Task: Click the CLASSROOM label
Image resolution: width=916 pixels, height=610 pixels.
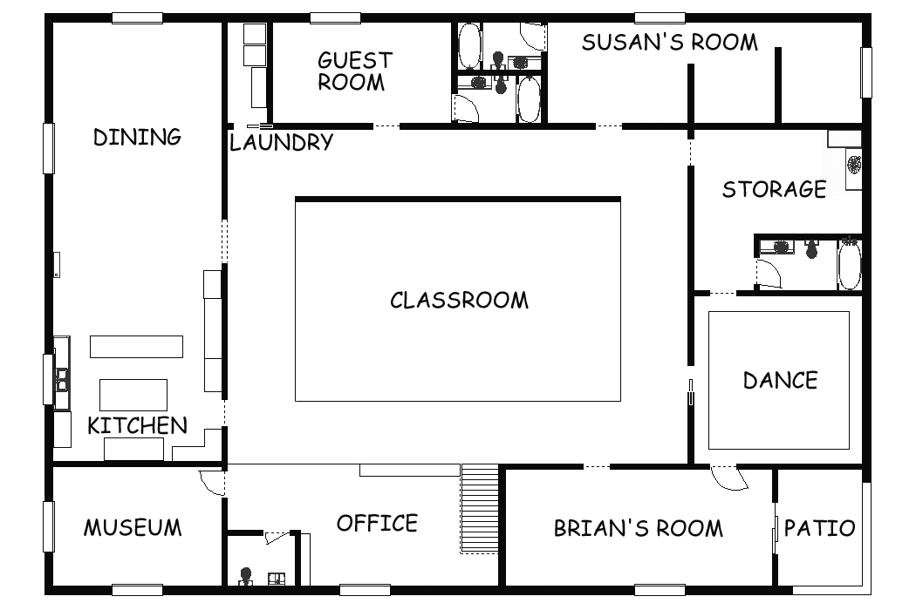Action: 459,300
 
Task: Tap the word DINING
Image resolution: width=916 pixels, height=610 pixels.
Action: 137,137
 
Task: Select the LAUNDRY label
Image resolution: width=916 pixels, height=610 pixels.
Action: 281,142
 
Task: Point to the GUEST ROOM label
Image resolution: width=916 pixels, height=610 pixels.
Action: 354,71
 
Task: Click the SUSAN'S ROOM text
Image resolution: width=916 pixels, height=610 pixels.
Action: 669,42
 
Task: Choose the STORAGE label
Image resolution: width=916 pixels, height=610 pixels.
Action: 774,189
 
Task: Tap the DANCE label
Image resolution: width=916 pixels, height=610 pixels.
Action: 781,380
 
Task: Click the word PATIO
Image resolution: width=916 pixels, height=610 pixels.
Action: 820,528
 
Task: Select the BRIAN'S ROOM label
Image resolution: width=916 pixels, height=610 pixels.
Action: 638,528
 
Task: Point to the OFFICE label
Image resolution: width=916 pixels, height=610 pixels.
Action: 377,523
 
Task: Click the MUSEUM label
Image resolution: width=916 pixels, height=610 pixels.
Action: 133,528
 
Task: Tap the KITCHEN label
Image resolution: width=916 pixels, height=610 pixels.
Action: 137,425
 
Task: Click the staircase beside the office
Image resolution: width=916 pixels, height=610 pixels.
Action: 480,508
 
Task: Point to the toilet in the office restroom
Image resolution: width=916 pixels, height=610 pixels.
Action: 246,576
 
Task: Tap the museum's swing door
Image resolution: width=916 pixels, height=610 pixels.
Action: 212,482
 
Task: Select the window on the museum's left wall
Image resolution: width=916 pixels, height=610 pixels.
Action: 49,526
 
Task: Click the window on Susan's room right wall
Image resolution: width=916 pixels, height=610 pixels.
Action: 866,72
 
